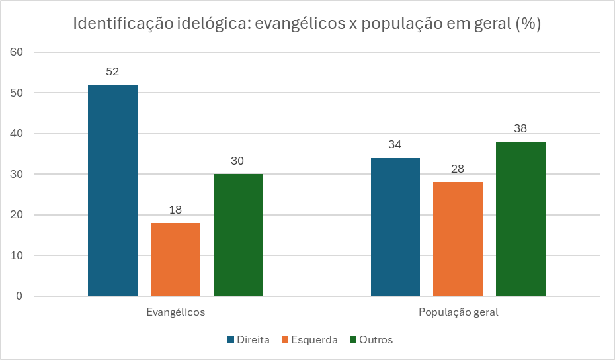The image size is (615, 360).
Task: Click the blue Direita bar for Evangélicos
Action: pos(112,190)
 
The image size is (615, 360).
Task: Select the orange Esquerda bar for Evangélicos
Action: pos(175,259)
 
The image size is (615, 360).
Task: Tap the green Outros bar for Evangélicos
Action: pos(238,234)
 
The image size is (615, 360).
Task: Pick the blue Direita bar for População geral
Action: pos(395,226)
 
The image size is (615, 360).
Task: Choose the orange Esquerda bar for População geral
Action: pos(458,238)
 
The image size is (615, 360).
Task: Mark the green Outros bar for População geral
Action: pos(520,218)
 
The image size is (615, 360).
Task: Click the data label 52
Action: pos(112,72)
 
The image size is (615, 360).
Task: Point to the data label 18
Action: pos(175,210)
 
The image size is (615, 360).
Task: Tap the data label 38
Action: pos(520,128)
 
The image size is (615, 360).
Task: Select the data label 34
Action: pos(395,145)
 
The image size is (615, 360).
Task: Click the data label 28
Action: pos(458,169)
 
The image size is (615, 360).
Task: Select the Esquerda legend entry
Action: pos(309,340)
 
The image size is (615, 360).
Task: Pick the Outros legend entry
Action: pos(371,340)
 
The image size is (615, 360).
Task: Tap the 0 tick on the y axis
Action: pos(19,296)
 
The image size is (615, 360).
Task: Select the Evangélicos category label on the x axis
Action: pos(175,312)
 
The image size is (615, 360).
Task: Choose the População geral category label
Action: pos(458,312)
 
